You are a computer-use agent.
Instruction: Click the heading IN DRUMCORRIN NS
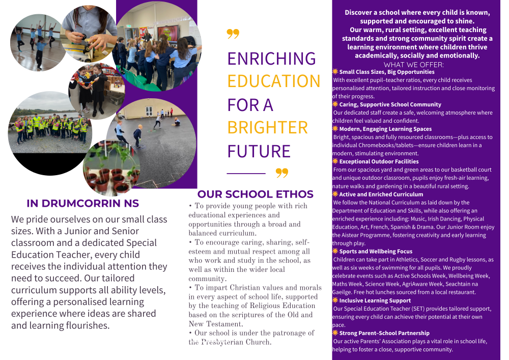pos(82,203)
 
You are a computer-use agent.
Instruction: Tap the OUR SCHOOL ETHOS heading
pos(255,194)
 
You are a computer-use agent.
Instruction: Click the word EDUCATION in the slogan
pos(274,81)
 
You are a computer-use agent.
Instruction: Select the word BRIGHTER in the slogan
pos(267,127)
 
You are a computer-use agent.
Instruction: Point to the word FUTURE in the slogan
pos(259,151)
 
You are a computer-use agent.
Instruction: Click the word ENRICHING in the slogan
pos(271,59)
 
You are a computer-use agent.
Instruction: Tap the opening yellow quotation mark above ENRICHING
pos(233,34)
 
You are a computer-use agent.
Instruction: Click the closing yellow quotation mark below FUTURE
pos(281,173)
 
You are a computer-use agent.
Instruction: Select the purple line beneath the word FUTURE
pos(246,174)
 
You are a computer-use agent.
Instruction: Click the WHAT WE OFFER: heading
pos(413,65)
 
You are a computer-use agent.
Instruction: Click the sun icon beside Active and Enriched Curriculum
pos(335,194)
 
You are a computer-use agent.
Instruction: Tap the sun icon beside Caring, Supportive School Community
pos(335,104)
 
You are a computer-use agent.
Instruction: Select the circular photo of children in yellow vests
pos(50,125)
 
